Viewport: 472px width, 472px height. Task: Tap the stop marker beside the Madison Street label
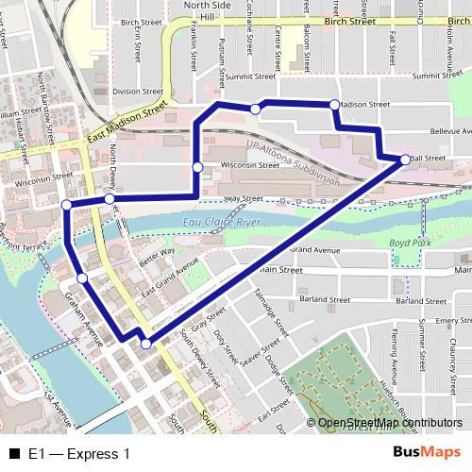tap(334, 104)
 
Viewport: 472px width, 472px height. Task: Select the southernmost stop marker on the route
tap(145, 345)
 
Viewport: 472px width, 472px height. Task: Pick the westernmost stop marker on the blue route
tap(66, 205)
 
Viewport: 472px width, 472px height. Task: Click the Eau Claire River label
tap(223, 222)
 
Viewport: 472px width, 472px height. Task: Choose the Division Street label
tap(131, 92)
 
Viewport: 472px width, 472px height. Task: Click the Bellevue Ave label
tap(449, 132)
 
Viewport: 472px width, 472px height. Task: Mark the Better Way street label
tap(156, 256)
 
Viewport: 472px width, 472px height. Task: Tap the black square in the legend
tap(13, 454)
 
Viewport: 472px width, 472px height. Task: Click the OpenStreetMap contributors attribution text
tap(390, 423)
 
